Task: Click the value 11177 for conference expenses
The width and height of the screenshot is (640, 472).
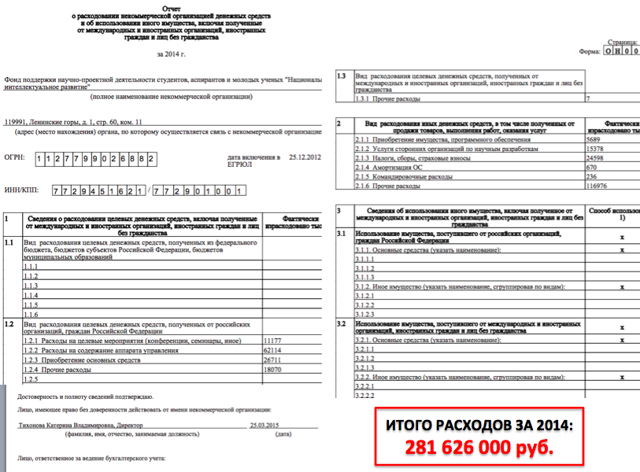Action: tap(271, 340)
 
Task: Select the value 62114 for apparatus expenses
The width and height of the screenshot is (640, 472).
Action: tap(271, 350)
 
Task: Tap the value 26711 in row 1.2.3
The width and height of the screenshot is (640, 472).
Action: tap(271, 360)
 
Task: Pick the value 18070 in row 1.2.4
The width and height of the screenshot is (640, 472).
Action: tap(271, 369)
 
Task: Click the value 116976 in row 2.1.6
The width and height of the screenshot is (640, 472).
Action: tap(601, 186)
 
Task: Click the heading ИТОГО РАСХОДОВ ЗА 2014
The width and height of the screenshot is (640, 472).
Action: tap(480, 426)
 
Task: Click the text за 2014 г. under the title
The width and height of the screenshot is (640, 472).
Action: tap(172, 53)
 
